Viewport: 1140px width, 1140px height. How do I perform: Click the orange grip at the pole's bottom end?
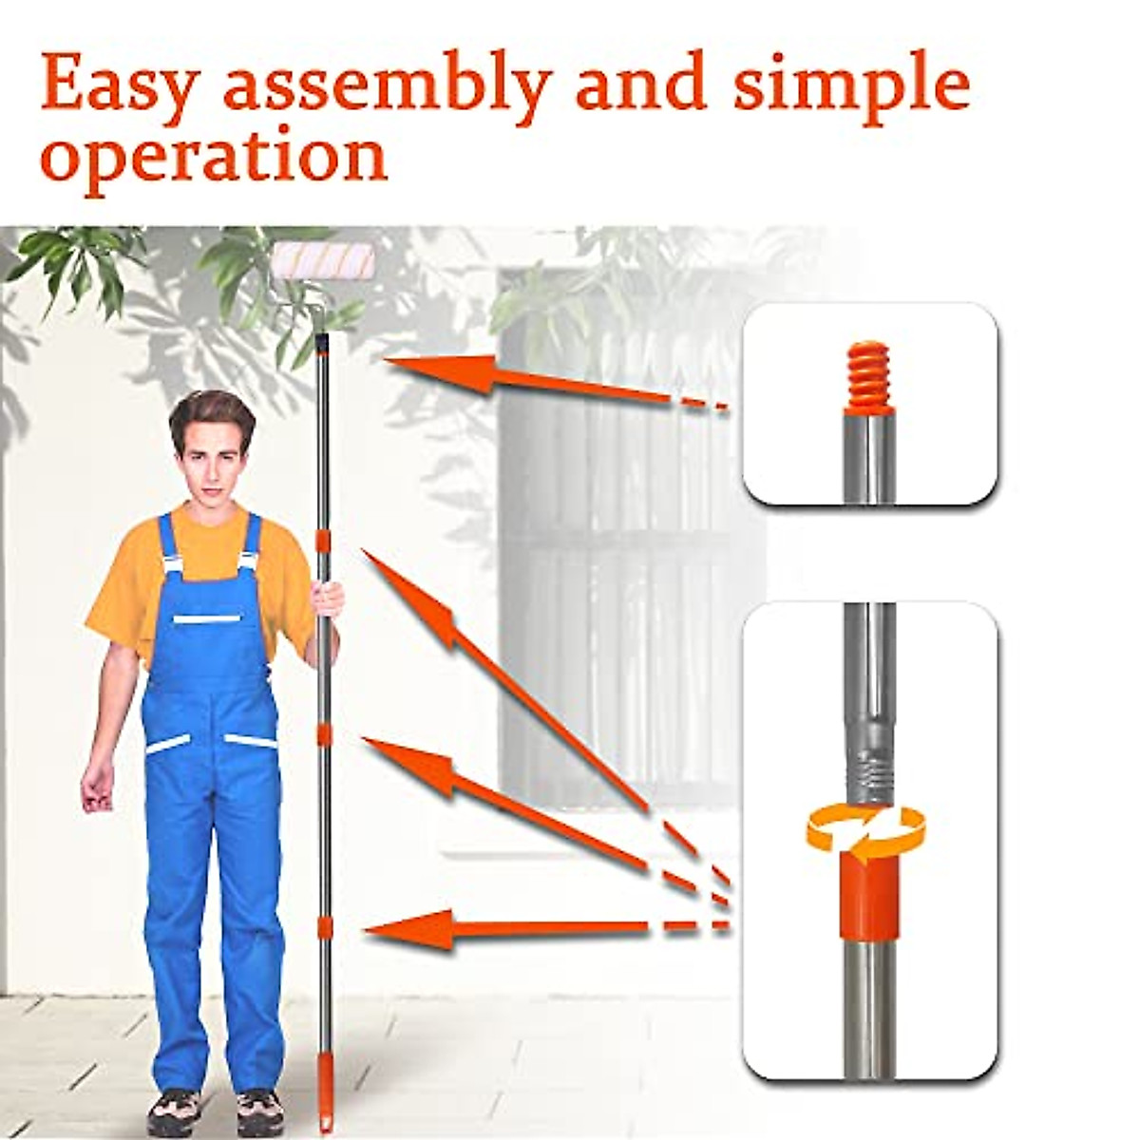click(x=325, y=1102)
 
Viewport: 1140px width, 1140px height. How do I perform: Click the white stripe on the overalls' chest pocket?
click(x=208, y=619)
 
